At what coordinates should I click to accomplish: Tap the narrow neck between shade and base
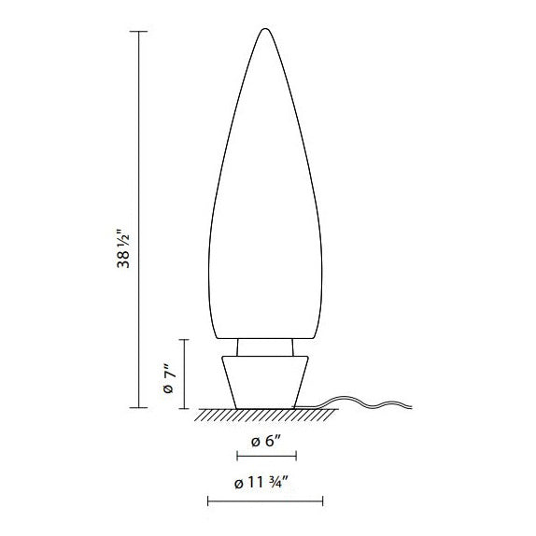(x=267, y=346)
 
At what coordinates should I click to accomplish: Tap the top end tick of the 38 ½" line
(x=139, y=32)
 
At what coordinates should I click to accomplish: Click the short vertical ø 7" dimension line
(x=186, y=374)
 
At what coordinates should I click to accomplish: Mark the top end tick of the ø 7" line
(x=186, y=340)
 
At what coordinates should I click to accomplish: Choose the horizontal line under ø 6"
(x=267, y=456)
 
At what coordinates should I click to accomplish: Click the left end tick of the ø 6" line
(x=238, y=456)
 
